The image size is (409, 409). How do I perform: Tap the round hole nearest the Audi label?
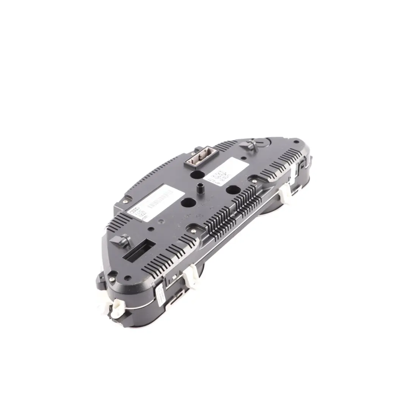click(x=186, y=203)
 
